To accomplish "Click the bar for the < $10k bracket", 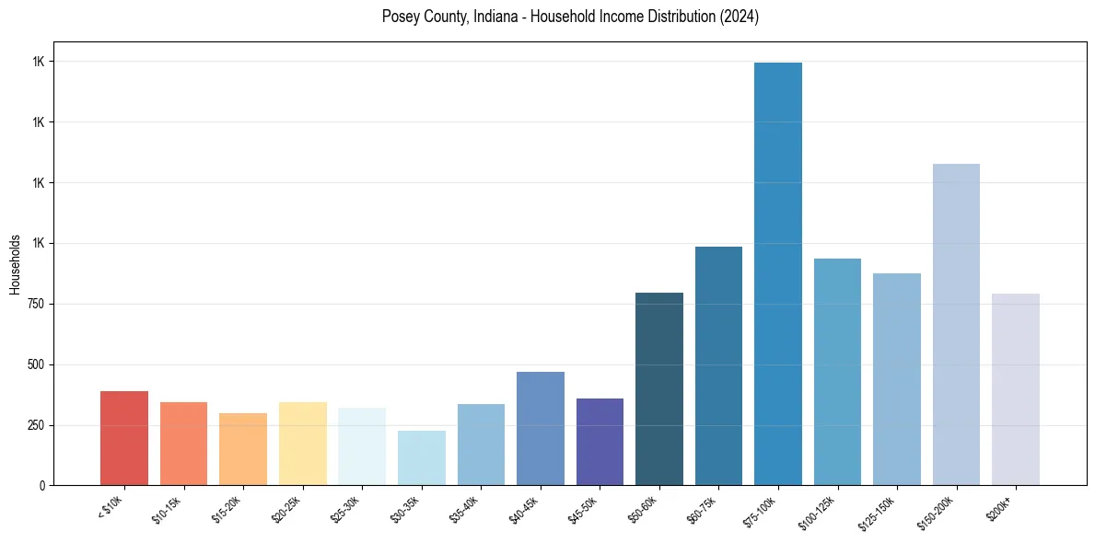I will (x=123, y=438).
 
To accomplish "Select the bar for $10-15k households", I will (x=183, y=444).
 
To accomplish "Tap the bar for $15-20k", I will (x=243, y=449).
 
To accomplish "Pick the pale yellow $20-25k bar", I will (x=302, y=444).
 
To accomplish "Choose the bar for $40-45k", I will (x=541, y=428).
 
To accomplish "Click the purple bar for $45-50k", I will (x=600, y=442).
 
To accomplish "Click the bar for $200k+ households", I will (x=1016, y=389).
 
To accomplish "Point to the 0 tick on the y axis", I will (x=43, y=485).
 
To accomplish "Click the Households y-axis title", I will (x=15, y=264).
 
